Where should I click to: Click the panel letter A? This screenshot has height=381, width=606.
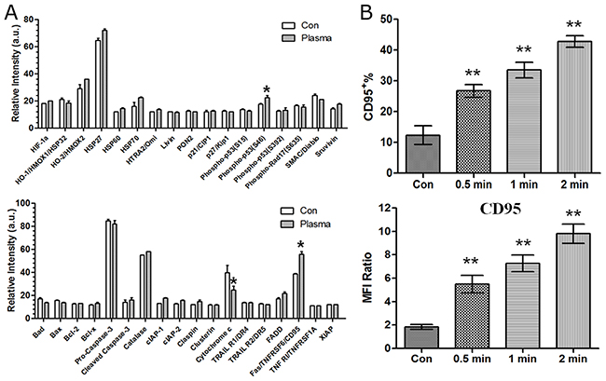pos(9,8)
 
